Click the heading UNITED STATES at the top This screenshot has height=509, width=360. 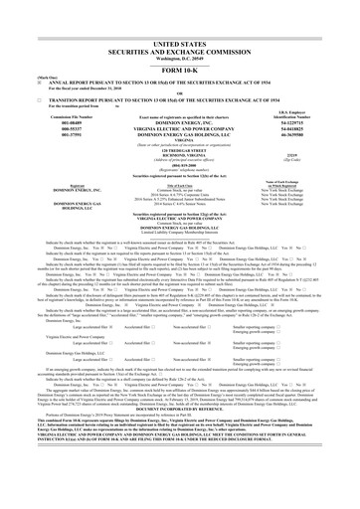[179, 19]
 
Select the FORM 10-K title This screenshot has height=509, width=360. [179, 44]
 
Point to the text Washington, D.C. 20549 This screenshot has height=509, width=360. [179, 35]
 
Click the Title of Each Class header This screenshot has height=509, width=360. [179, 165]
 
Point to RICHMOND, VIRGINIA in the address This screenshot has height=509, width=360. [179, 127]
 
